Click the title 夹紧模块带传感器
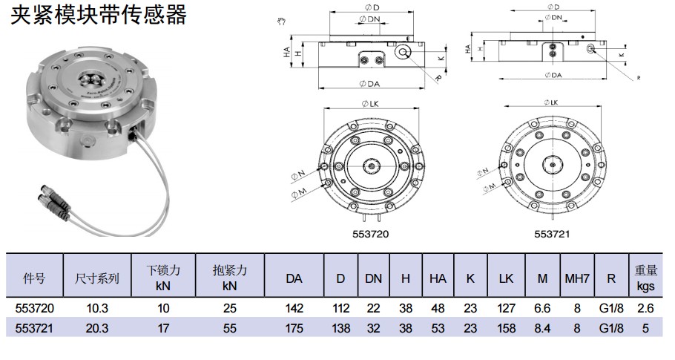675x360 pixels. [98, 14]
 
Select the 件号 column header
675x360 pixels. [35, 278]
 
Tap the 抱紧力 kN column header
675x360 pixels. [229, 278]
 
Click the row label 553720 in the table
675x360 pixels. [35, 308]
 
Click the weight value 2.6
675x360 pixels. [645, 308]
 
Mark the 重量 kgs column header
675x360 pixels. [645, 278]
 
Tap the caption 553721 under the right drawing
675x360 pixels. [552, 233]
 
